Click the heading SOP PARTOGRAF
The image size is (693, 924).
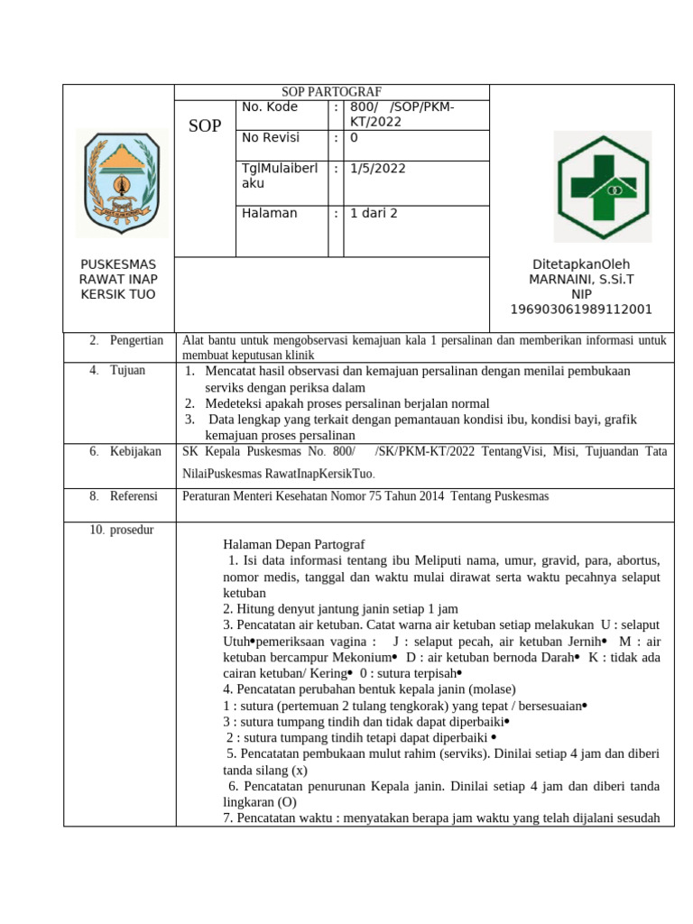(331, 92)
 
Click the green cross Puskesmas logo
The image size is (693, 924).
(602, 186)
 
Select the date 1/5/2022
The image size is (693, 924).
(378, 168)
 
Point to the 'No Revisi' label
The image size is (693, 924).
(271, 138)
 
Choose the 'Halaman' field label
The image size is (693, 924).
(269, 213)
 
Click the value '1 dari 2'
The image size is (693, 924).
(374, 213)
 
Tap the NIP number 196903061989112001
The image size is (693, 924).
(581, 310)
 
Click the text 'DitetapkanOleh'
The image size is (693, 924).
(581, 263)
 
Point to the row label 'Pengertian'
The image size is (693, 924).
(136, 340)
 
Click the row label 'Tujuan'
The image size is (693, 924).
(127, 370)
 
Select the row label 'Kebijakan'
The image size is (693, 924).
(135, 451)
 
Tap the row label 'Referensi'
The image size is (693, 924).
(134, 496)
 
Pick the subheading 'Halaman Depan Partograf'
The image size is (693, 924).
(293, 544)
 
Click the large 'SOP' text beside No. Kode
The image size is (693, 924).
(205, 126)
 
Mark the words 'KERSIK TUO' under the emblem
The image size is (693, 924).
(118, 294)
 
